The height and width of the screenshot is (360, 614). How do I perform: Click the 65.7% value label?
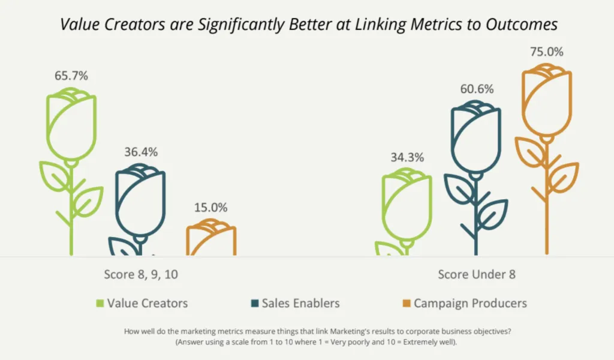coord(71,76)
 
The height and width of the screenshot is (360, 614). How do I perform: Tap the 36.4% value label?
coord(141,152)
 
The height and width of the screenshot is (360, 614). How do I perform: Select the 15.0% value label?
coord(211,208)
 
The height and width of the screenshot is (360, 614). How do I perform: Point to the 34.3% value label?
coord(407,158)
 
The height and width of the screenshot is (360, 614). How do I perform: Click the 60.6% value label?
coord(477,89)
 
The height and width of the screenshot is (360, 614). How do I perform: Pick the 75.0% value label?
coord(547,52)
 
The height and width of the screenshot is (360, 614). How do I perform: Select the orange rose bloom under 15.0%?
coord(211,239)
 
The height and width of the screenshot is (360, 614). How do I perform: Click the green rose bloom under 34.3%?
coord(407,204)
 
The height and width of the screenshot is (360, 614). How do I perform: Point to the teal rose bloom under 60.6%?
coord(477,137)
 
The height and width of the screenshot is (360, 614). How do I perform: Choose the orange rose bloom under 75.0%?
coord(546,99)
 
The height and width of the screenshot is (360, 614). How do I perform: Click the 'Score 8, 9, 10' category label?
coord(141,274)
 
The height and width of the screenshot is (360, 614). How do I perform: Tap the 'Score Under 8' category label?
coord(477,274)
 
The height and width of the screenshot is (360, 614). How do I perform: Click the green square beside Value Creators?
coord(100,302)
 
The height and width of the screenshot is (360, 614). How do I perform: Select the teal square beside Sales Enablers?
coord(254,302)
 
